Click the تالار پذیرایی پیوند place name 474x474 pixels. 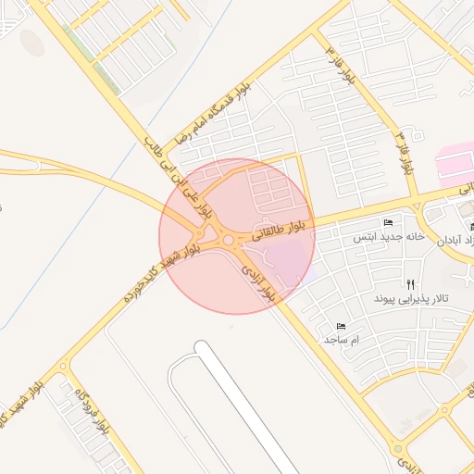tap(411, 300)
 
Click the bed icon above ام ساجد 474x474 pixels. tap(341, 327)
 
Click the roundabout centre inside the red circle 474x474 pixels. tap(227, 242)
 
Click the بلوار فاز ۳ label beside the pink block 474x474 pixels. tap(404, 153)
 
